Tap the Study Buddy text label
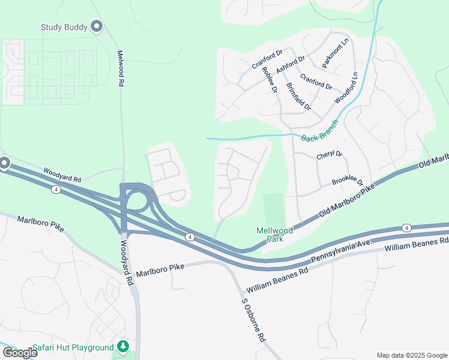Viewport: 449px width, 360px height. [64, 27]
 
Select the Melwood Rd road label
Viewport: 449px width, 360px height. [121, 69]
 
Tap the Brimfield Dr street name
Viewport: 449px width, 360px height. [298, 97]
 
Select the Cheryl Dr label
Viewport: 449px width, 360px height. [329, 155]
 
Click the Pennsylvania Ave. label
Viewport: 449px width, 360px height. [342, 252]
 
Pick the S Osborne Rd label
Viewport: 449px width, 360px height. [253, 320]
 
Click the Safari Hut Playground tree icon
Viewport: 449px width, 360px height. [123, 346]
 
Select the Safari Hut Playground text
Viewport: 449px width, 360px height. [73, 348]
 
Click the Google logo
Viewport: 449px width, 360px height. [20, 353]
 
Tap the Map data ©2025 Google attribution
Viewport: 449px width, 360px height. [412, 355]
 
